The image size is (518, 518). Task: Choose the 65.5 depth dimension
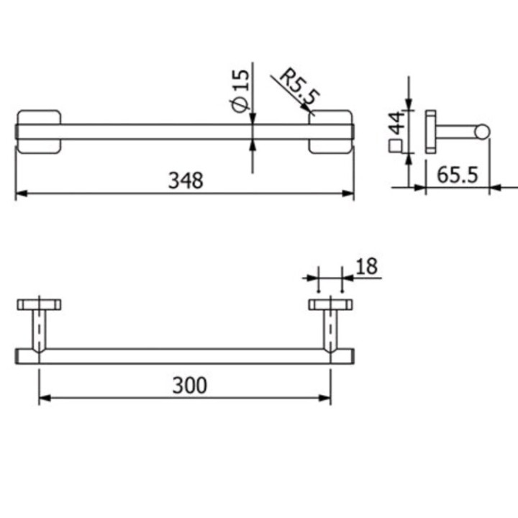[458, 175]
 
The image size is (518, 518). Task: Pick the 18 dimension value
[366, 267]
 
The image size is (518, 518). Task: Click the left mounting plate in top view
[39, 131]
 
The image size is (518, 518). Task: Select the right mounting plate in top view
[330, 131]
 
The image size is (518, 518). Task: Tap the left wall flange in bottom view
[39, 304]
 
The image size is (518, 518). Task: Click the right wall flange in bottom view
[330, 304]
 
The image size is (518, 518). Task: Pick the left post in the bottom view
[39, 330]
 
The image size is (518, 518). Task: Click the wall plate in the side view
[430, 131]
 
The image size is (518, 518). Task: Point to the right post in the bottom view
[330, 330]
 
